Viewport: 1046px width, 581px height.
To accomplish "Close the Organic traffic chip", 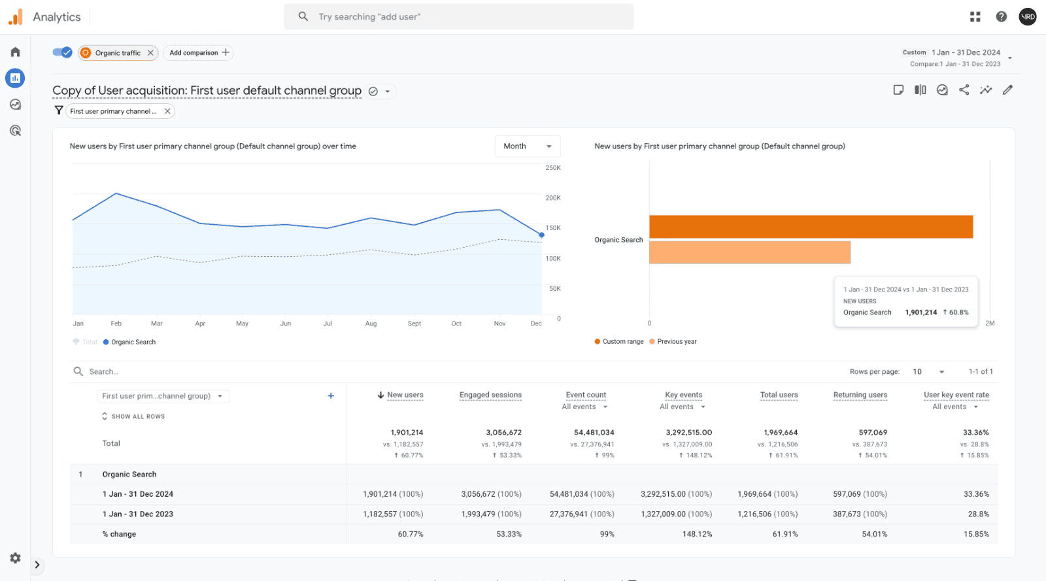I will [150, 53].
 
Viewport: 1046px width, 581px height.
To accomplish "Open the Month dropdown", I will [528, 146].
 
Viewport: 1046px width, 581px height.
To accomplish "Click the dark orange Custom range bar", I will [811, 227].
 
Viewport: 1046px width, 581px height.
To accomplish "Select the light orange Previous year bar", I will [749, 252].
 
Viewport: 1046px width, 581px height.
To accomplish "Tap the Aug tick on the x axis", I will [371, 324].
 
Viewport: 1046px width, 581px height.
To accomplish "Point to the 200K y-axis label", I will [553, 198].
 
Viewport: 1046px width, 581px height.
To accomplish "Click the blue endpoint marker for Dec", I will [541, 235].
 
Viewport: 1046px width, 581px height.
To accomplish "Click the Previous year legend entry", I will [676, 342].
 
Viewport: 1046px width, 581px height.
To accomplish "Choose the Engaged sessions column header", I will [490, 395].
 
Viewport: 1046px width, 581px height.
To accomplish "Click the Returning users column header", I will [860, 395].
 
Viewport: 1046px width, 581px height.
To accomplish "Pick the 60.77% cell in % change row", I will [411, 535].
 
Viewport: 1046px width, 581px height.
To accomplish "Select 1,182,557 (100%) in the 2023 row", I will [393, 514].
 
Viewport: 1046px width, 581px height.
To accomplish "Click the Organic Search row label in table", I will [129, 474].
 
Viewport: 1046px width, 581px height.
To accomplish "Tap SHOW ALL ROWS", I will [137, 417].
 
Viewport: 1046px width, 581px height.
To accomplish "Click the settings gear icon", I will [15, 558].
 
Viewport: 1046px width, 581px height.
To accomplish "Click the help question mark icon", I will [1001, 17].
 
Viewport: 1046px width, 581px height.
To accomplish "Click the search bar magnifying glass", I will [303, 17].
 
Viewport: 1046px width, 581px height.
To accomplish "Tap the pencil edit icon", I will [1007, 90].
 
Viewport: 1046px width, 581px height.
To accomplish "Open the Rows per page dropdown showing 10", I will [928, 372].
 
